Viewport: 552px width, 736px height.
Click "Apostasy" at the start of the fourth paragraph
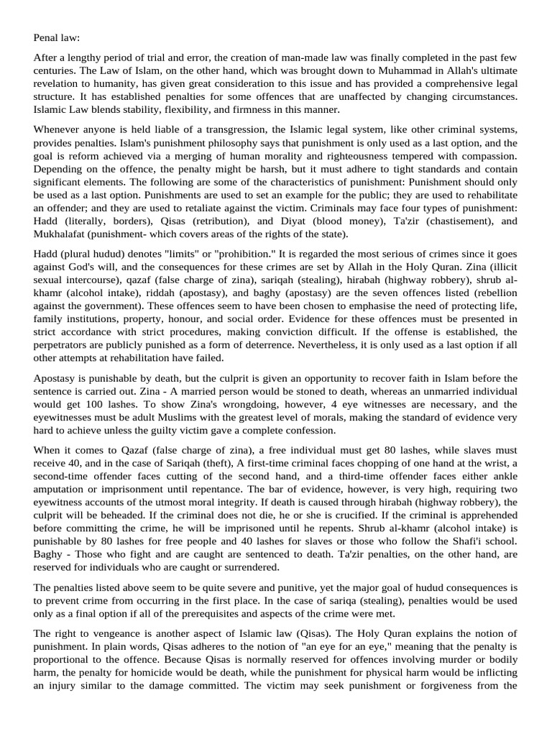pos(55,378)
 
